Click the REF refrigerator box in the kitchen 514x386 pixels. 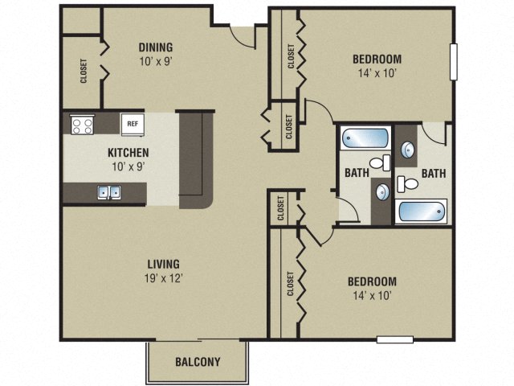[x=132, y=124]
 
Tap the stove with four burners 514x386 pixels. [x=81, y=125]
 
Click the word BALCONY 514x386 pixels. [x=198, y=362]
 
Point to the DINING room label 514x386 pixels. [x=155, y=47]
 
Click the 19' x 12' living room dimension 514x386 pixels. [x=163, y=278]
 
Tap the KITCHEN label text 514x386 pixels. [x=128, y=153]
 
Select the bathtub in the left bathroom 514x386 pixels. [x=364, y=138]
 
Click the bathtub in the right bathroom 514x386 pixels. [x=419, y=212]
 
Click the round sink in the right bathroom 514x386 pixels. [x=408, y=149]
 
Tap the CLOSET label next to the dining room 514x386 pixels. [x=84, y=72]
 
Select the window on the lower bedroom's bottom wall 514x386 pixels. [x=394, y=339]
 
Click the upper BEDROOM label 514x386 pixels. [x=377, y=59]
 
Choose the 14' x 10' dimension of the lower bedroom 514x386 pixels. [x=371, y=296]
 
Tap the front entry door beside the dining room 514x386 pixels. [x=241, y=32]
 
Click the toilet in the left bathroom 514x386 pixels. [x=385, y=162]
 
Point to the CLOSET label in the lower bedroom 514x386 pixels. [x=289, y=283]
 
